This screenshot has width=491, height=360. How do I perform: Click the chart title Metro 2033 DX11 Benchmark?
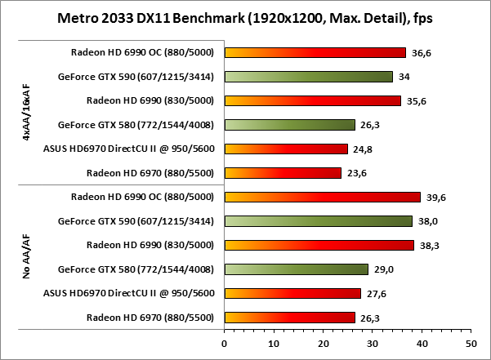tap(245, 18)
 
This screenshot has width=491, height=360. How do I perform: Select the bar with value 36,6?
tap(315, 53)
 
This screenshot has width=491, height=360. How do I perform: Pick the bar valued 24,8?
tap(286, 149)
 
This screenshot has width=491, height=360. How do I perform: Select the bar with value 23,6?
tap(283, 172)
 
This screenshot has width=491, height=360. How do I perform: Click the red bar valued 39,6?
tap(322, 197)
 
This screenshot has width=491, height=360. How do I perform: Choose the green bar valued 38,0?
tap(318, 220)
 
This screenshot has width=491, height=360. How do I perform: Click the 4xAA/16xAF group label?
tap(28, 113)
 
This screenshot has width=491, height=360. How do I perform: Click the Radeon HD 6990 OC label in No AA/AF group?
tap(142, 197)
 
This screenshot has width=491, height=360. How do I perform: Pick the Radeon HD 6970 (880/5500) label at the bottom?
tap(150, 317)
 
